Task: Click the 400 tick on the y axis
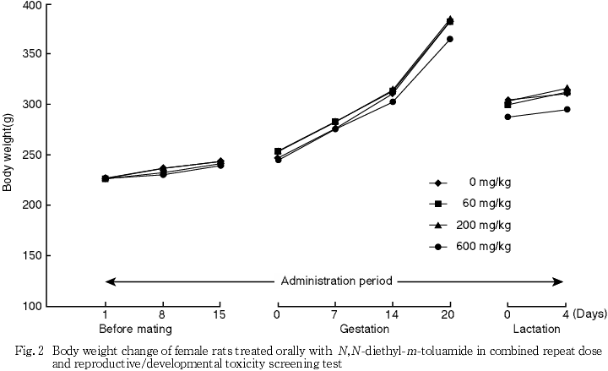pos(31,6)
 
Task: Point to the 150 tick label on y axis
pos(31,255)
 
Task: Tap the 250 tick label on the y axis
pos(31,205)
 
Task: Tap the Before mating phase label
pos(136,329)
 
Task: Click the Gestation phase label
pos(366,329)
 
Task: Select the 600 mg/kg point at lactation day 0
pos(508,117)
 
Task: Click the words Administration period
pos(335,281)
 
